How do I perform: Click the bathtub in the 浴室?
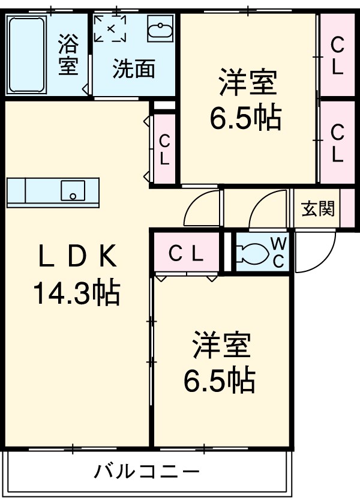(27, 54)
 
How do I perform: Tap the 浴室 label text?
(68, 55)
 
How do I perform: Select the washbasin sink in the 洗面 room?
(160, 29)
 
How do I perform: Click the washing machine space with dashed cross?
(110, 28)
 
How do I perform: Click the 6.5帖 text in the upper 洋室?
(245, 119)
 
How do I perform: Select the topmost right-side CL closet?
(337, 55)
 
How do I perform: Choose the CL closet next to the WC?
(185, 253)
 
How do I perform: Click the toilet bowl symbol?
(251, 253)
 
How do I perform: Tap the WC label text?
(279, 252)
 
